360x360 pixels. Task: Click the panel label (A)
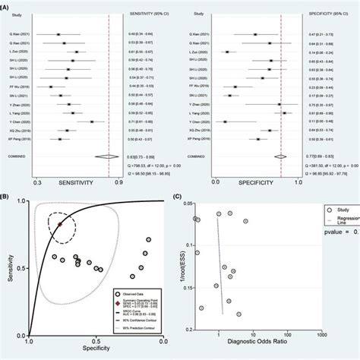(6, 5)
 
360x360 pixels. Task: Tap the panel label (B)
(6, 195)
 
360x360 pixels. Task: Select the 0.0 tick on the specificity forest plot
(216, 182)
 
